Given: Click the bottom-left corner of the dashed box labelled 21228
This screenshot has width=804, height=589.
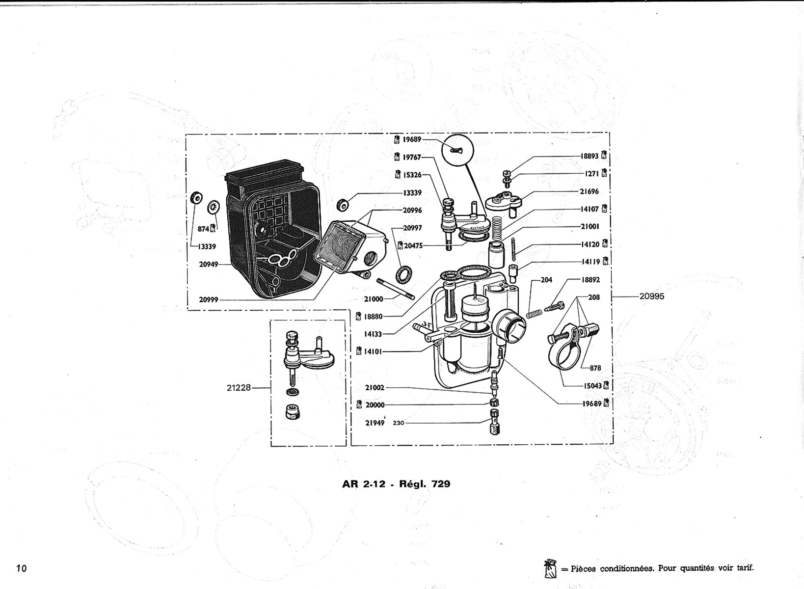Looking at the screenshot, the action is (x=271, y=446).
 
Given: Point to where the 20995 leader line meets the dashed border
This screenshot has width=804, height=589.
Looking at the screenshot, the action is (x=613, y=296).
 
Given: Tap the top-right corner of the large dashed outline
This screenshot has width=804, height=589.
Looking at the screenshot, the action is (x=609, y=133).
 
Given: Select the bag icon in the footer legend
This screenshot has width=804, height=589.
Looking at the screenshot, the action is (x=550, y=568).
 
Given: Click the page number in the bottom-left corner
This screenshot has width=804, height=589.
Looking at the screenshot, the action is (x=22, y=568).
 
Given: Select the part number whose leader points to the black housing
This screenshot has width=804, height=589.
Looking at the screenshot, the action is (x=209, y=265).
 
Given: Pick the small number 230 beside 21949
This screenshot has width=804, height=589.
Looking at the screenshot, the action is (x=399, y=423).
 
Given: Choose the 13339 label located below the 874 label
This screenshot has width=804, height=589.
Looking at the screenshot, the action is (x=207, y=246).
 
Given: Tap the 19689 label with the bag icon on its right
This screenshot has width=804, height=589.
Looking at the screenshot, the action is (x=592, y=403).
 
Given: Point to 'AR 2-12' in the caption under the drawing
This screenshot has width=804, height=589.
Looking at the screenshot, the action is (x=364, y=484).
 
